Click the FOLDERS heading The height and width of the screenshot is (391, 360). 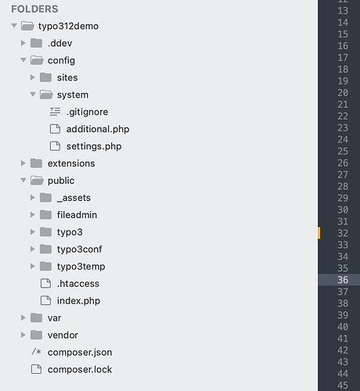click(34, 9)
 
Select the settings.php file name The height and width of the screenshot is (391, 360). click(94, 146)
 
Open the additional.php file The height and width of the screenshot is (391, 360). click(98, 129)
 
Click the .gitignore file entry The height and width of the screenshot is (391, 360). click(87, 112)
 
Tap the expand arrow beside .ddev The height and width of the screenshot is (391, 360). click(23, 43)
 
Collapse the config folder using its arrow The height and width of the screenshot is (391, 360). click(23, 60)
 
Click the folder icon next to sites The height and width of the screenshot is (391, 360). click(45, 77)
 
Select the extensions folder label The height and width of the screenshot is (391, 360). click(71, 163)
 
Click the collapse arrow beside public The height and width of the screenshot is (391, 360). click(23, 180)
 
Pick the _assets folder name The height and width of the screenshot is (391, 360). click(74, 198)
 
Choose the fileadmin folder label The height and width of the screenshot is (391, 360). click(77, 215)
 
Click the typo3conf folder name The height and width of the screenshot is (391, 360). click(80, 249)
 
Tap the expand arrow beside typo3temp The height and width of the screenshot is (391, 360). click(33, 266)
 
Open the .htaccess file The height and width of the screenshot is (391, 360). click(78, 284)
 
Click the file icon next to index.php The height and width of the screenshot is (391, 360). click(45, 300)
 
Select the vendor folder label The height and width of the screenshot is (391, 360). click(63, 335)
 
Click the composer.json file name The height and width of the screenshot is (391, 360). click(80, 353)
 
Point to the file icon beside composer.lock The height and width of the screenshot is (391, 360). click(36, 369)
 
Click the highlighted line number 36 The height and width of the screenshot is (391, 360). click(343, 280)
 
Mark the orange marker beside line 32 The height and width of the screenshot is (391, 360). click(319, 233)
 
